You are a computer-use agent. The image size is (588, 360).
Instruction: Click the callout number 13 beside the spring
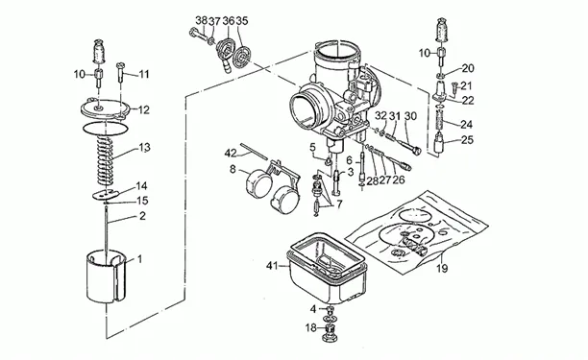[x=144, y=148]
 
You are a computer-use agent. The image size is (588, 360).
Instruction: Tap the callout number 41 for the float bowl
[x=272, y=266]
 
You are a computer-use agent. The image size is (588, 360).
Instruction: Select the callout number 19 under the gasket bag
[x=443, y=269]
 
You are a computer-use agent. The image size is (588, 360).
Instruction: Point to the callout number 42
[x=231, y=154]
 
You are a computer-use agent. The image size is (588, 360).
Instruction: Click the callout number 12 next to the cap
[x=143, y=110]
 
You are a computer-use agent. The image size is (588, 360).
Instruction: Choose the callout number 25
[x=467, y=140]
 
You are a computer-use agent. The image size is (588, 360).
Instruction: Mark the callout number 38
[x=202, y=21]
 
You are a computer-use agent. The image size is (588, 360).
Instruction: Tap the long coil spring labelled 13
[x=106, y=161]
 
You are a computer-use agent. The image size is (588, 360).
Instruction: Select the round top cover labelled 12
[x=106, y=109]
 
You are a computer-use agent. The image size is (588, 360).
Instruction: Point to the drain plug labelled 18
[x=330, y=333]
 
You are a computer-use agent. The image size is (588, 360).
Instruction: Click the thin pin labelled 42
[x=254, y=151]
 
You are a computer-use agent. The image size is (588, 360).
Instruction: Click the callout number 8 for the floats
[x=233, y=170]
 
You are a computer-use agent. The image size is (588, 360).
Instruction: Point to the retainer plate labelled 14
[x=106, y=195]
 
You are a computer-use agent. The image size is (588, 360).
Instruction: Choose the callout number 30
[x=410, y=116]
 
